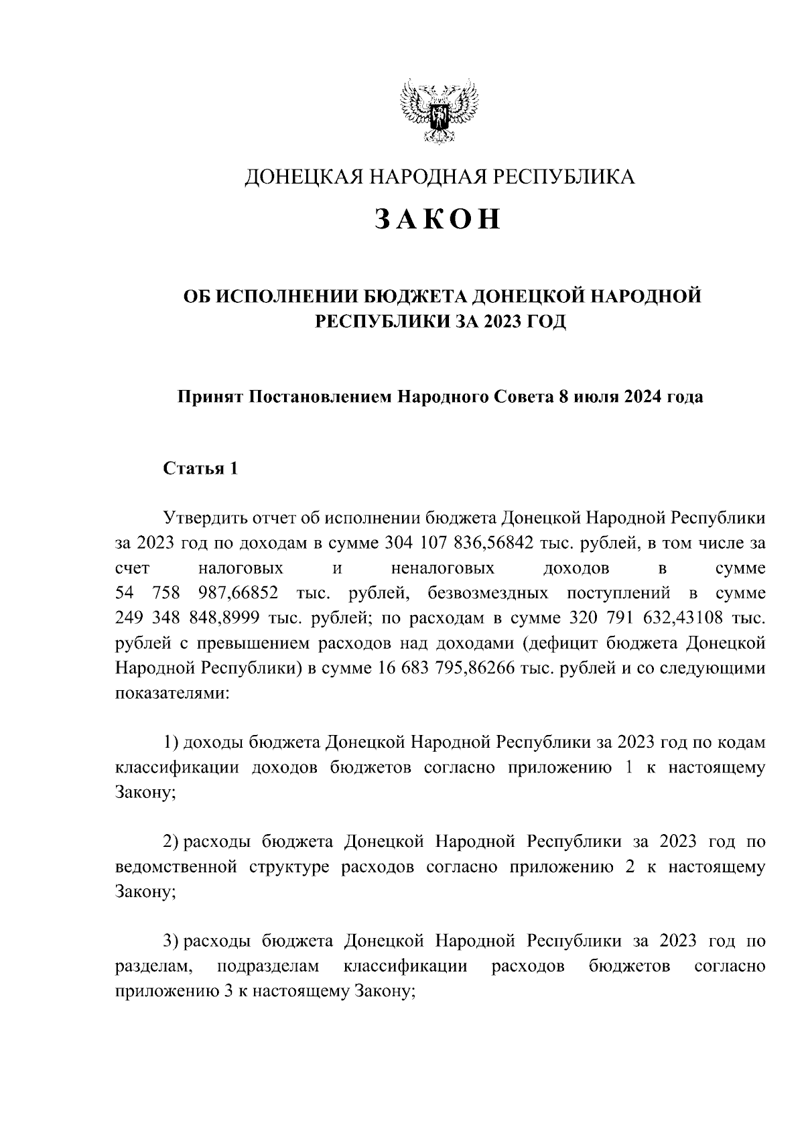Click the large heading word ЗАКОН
click(438, 220)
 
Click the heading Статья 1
click(200, 468)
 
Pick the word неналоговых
click(442, 569)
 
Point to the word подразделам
click(268, 966)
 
